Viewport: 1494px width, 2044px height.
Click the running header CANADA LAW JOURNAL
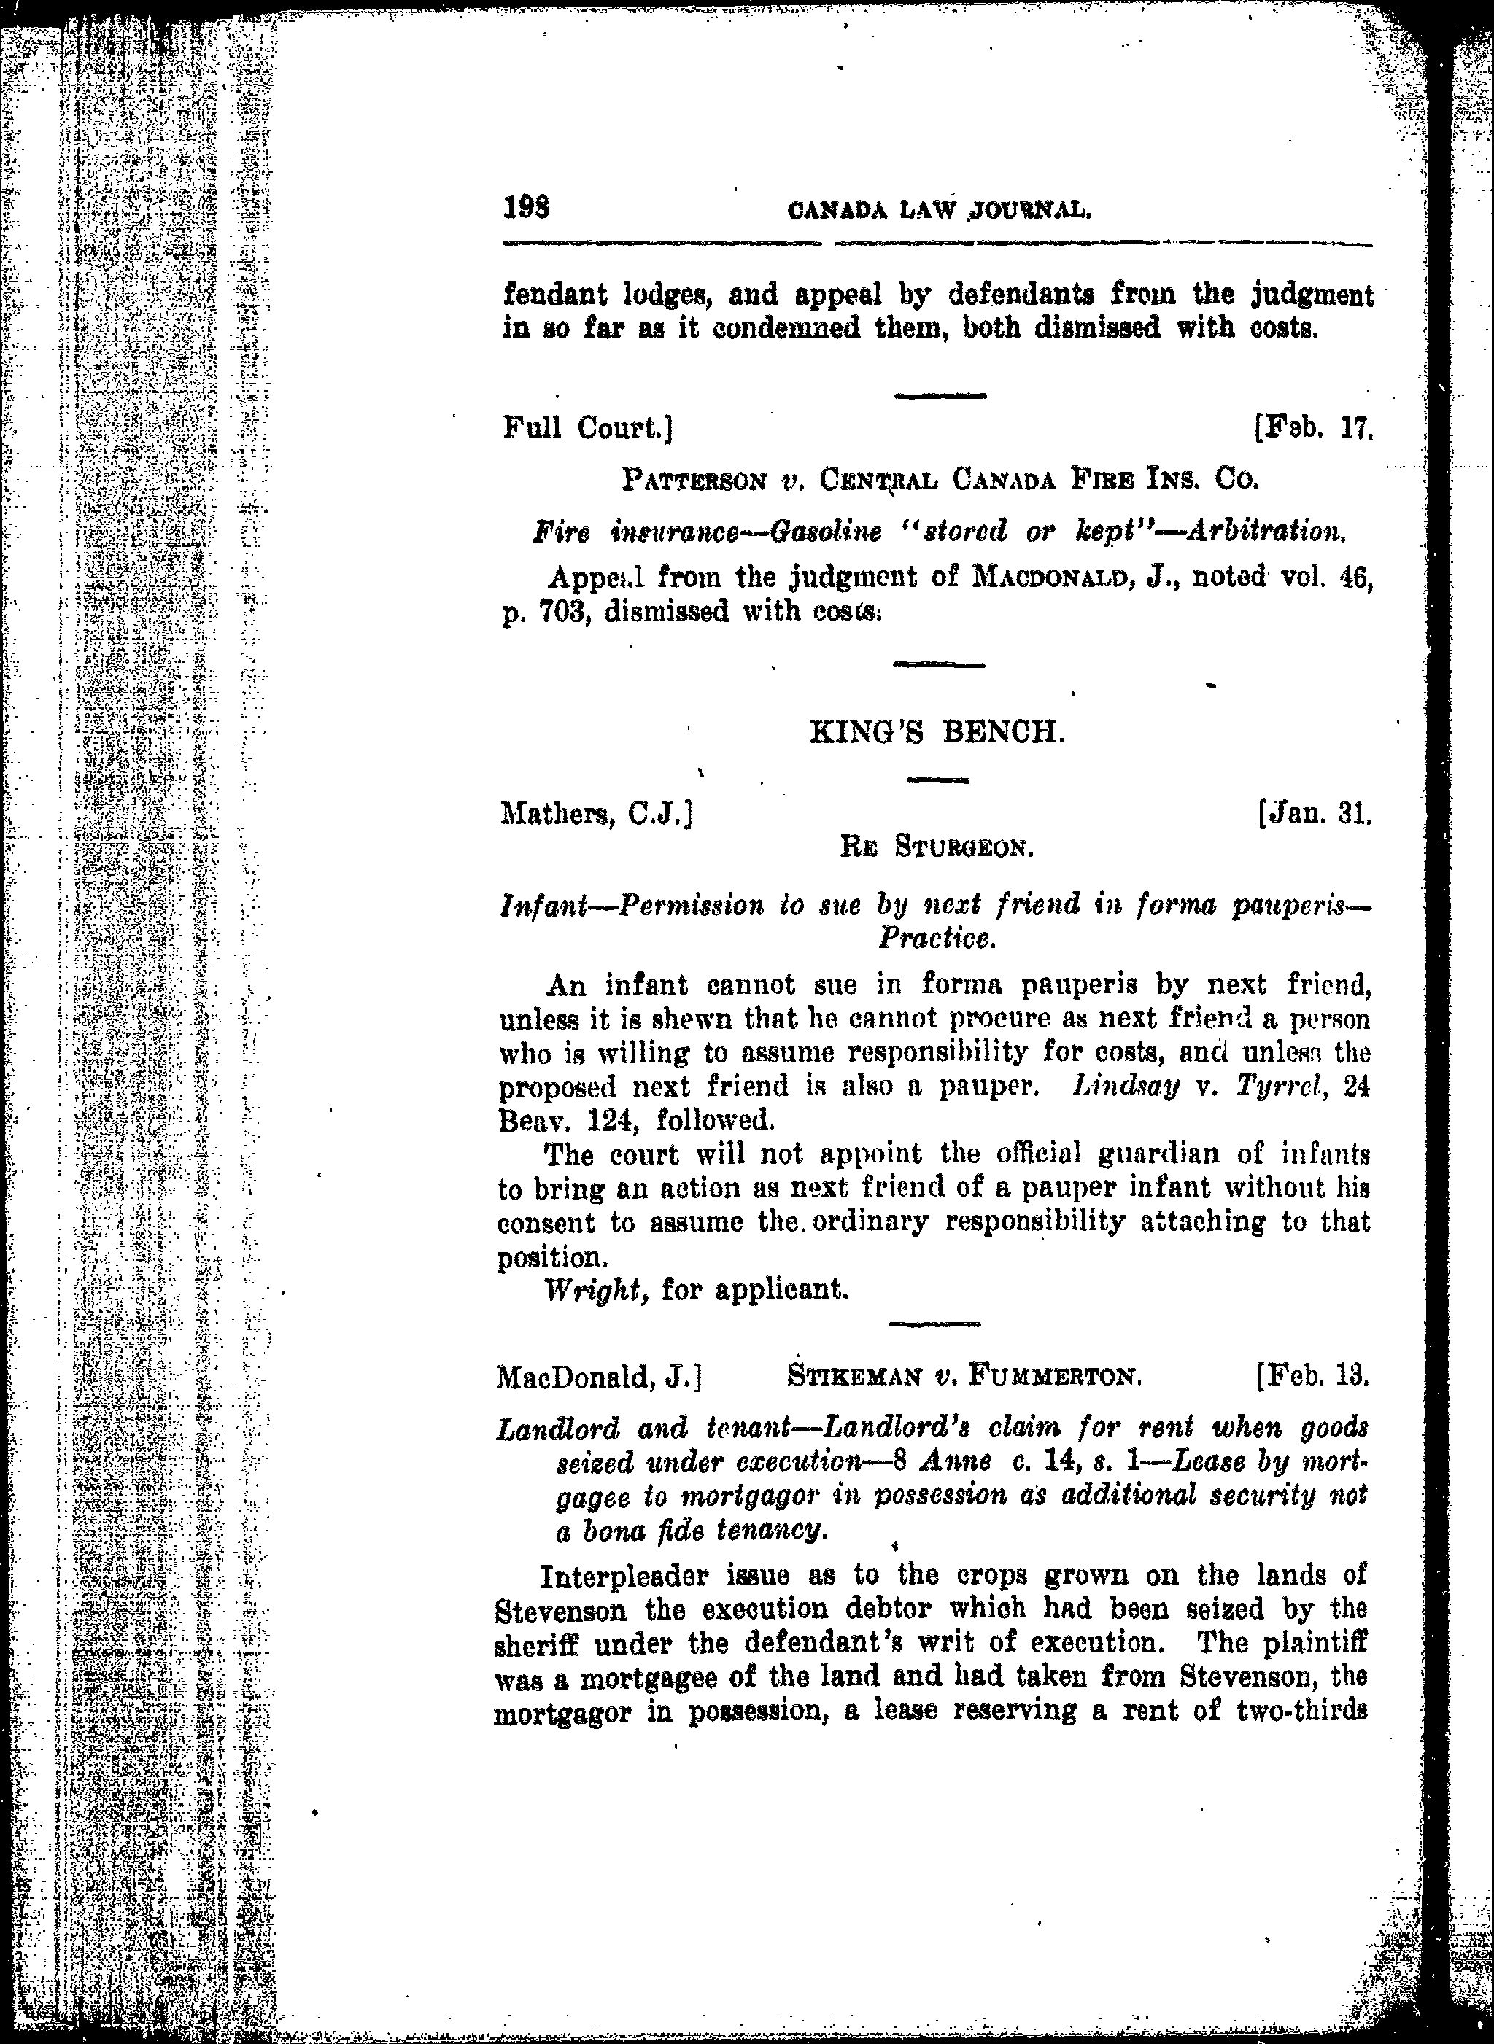point(940,212)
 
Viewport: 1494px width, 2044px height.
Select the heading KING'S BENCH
point(938,732)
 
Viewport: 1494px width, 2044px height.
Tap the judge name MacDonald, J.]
point(600,1377)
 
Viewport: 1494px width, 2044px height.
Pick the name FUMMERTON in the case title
point(1056,1377)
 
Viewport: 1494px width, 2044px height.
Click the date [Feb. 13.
point(1312,1377)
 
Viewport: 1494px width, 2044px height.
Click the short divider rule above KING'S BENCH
point(938,664)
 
